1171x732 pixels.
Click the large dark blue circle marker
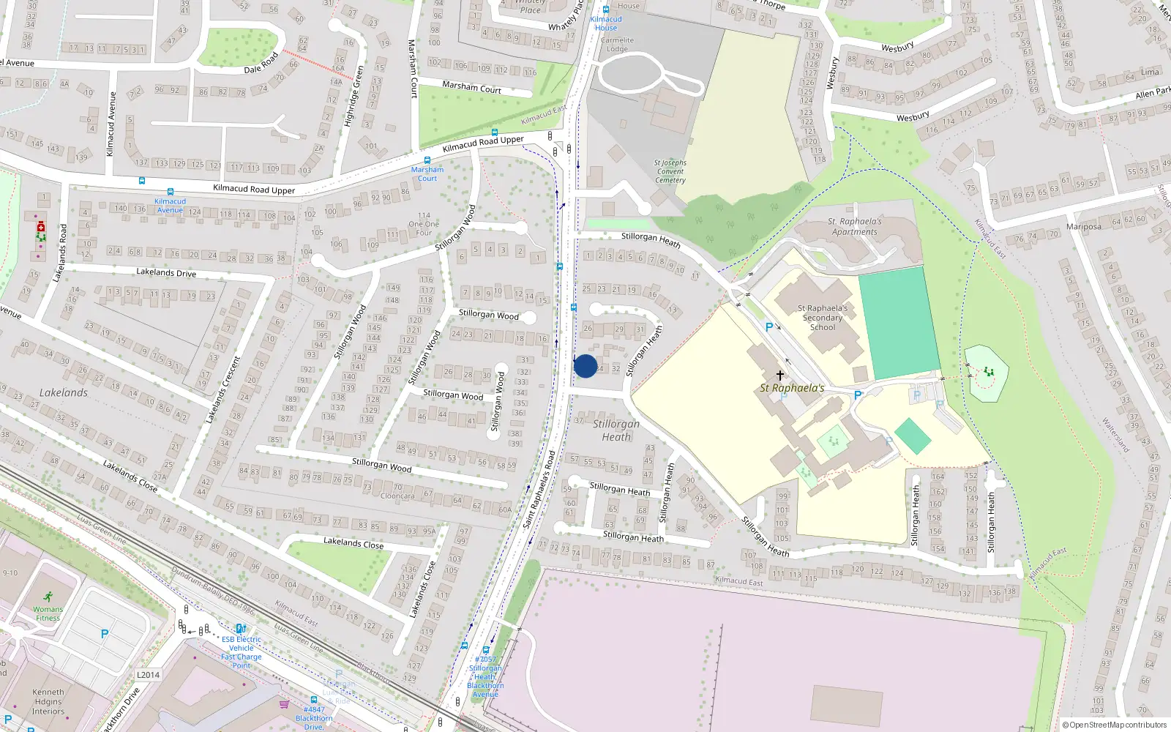click(x=585, y=366)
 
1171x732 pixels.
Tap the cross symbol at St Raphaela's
click(x=780, y=376)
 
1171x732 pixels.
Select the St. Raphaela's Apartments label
click(x=854, y=226)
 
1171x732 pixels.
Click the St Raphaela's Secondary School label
click(x=822, y=318)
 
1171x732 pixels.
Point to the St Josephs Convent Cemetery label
click(x=670, y=171)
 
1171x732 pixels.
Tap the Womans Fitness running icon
click(x=48, y=597)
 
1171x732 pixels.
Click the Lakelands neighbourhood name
click(x=64, y=393)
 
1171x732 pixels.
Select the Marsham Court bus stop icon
click(x=427, y=160)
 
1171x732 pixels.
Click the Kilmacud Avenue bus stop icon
click(x=170, y=193)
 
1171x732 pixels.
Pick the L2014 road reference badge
click(x=148, y=675)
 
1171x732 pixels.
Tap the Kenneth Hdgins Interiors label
click(x=48, y=701)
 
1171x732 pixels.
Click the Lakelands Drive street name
click(x=166, y=272)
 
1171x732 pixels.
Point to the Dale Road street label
click(x=261, y=64)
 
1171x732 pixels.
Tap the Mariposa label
click(x=1083, y=227)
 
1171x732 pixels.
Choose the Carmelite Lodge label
click(x=617, y=45)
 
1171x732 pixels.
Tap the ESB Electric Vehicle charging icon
click(x=240, y=629)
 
